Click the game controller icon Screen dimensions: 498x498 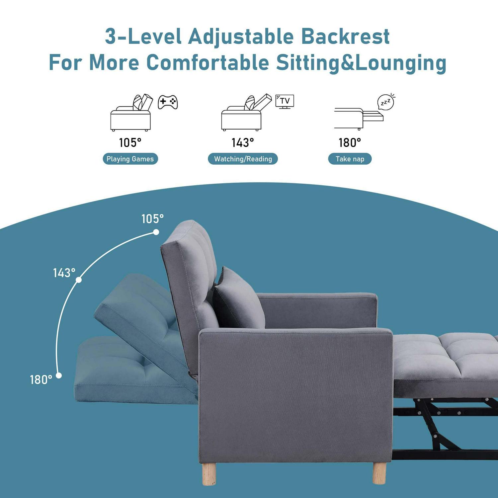pyautogui.click(x=168, y=102)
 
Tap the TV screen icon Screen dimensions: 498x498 pyautogui.click(x=285, y=101)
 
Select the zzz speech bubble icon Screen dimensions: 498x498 pyautogui.click(x=386, y=102)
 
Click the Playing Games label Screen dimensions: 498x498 pyautogui.click(x=130, y=159)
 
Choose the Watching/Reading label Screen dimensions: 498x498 pyautogui.click(x=243, y=159)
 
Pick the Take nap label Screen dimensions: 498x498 pyautogui.click(x=350, y=159)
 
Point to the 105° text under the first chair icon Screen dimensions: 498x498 pyautogui.click(x=130, y=143)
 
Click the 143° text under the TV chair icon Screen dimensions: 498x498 pyautogui.click(x=243, y=143)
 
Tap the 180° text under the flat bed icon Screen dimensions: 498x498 pyautogui.click(x=350, y=143)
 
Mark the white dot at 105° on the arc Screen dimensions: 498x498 pyautogui.click(x=156, y=232)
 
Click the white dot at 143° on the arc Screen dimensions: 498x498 pyautogui.click(x=79, y=280)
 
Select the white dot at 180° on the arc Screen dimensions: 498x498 pyautogui.click(x=59, y=375)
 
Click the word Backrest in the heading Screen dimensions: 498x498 pyautogui.click(x=345, y=36)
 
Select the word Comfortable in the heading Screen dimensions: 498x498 pyautogui.click(x=207, y=62)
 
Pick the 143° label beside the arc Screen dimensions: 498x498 pyautogui.click(x=64, y=273)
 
